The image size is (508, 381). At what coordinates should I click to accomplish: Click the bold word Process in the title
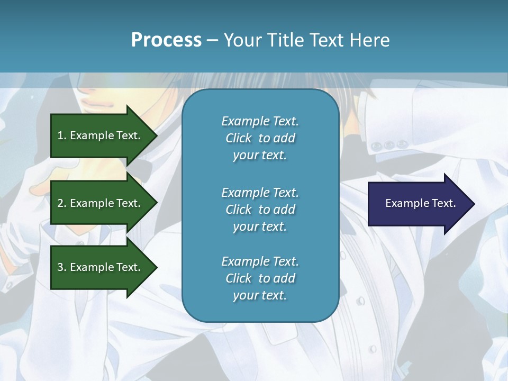point(166,40)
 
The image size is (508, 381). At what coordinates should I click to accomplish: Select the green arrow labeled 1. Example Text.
point(101,135)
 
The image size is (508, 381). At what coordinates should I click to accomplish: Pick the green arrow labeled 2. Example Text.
point(101,203)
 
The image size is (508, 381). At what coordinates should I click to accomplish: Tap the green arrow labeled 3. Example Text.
point(101,267)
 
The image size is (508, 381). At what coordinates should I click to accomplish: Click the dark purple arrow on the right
point(418,204)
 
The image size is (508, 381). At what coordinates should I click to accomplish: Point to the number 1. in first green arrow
point(61,135)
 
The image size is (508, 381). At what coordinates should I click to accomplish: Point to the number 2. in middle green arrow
point(61,203)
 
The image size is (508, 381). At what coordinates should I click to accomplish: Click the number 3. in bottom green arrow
point(61,267)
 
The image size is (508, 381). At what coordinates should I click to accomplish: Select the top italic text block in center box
point(260,138)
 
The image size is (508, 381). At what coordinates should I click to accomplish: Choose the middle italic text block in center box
point(260,209)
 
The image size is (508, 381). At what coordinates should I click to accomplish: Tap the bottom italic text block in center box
point(260,278)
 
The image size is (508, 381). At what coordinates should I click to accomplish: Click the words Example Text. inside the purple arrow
point(420,203)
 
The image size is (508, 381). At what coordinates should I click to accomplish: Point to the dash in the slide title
point(212,40)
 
